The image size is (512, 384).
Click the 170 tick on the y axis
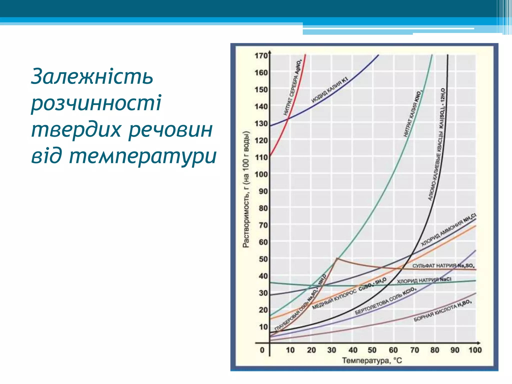pos(261,55)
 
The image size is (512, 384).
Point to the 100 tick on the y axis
pos(261,174)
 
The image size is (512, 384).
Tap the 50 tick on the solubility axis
pos(263,259)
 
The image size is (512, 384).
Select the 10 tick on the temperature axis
pos(290,350)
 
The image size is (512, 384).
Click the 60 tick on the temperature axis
pos(393,350)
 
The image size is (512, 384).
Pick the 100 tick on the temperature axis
pos(475,350)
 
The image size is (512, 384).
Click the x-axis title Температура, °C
pos(372,360)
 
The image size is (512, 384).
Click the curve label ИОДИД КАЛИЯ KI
pos(329,90)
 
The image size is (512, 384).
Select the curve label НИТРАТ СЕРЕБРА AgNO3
pos(293,88)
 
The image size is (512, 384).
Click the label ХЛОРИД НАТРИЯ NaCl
pos(424,280)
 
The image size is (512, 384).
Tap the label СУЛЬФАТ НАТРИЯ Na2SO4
pos(443,265)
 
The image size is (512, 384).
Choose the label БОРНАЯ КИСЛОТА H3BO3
pos(443,311)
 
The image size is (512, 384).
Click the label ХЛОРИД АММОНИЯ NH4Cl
pos(448,230)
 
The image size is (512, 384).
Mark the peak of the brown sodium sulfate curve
pos(337,258)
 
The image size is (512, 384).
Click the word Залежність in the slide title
pos(92,76)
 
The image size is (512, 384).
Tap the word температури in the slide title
pos(142,156)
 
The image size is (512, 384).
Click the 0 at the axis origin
pos(262,350)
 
